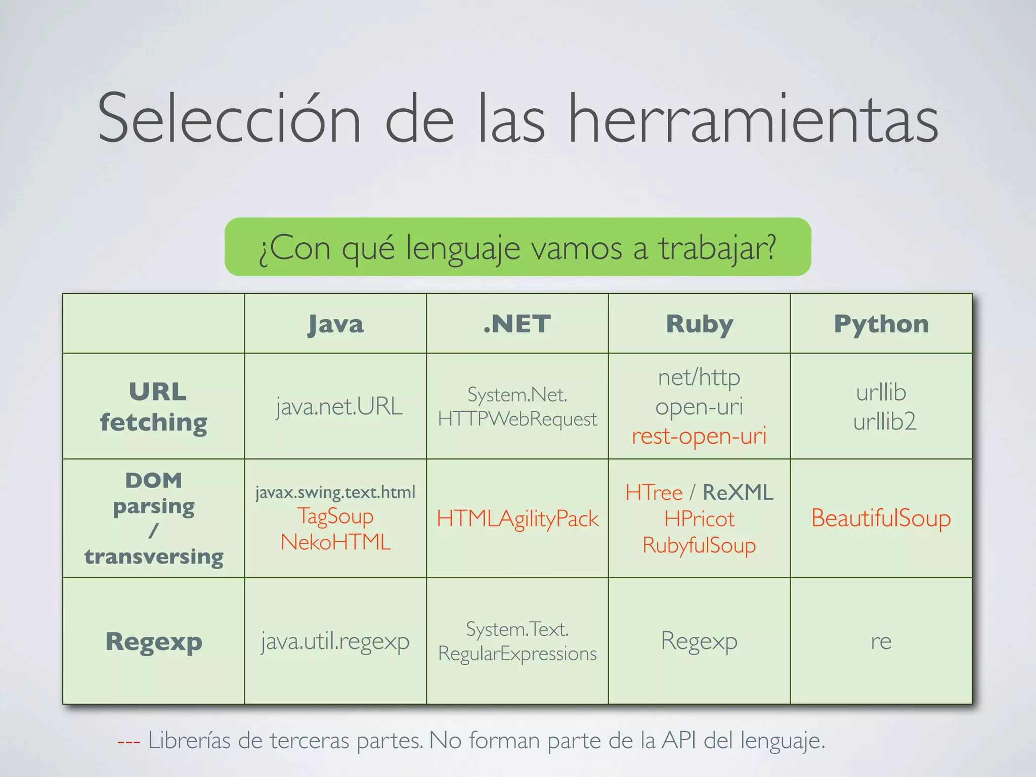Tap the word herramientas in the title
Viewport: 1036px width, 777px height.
(x=753, y=119)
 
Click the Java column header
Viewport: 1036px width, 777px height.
(x=335, y=324)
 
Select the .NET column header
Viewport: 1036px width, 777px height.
(x=517, y=324)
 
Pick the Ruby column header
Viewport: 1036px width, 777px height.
(x=699, y=324)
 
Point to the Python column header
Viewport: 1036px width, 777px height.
(x=881, y=324)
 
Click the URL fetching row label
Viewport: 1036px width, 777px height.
(x=154, y=407)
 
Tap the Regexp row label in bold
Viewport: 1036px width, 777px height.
(x=154, y=641)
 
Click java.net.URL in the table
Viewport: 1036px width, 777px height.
(x=339, y=406)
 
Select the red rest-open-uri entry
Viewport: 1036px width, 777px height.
(x=699, y=436)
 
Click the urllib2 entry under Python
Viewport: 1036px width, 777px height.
(x=884, y=421)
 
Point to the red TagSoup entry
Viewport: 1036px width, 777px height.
(x=335, y=516)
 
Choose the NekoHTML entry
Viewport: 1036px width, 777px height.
(x=335, y=542)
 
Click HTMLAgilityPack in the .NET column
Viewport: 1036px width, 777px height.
(x=517, y=519)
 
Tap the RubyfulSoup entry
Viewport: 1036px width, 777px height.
(x=699, y=545)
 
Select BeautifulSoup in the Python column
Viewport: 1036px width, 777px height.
(x=881, y=519)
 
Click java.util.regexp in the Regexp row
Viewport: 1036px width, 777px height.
(x=335, y=641)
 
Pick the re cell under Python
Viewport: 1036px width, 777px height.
(x=881, y=641)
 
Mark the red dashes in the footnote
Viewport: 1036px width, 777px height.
(x=128, y=742)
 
